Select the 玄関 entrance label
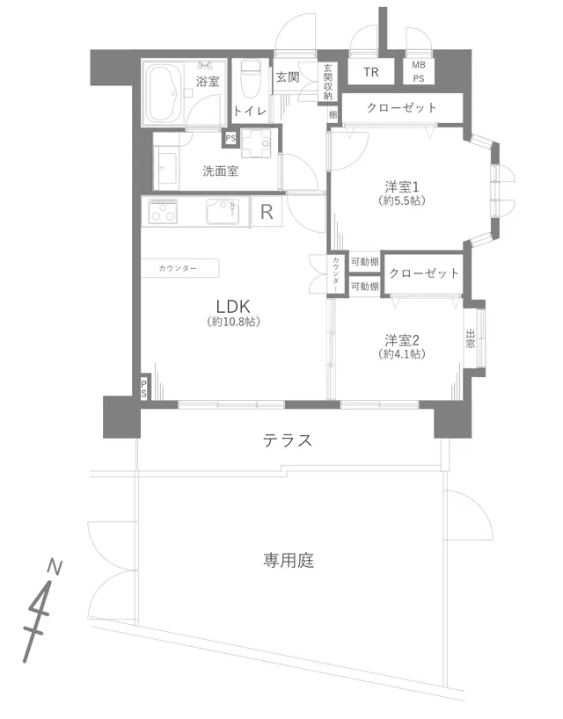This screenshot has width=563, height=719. pos(288,77)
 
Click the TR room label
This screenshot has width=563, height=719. pos(370,72)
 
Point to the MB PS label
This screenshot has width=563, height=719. pos(418,72)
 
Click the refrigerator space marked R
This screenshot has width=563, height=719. pos(267,212)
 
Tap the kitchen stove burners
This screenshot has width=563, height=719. pos(163,211)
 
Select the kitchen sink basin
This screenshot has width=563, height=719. pos(223,211)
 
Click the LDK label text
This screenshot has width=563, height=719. pos(233,305)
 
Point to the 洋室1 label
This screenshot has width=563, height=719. pos(401,187)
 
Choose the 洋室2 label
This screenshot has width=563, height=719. pos(402,341)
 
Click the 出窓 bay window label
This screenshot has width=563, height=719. pos(470,338)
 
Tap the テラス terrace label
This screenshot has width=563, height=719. pos(288,440)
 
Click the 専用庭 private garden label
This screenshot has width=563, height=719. pos(289,560)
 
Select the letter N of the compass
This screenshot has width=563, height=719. pos(55,568)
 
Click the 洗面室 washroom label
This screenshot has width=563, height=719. pos(221,171)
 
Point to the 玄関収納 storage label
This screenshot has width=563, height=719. pos(327,82)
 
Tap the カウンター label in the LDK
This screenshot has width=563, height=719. pos(178,268)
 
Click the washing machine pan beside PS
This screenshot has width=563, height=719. pos(259,144)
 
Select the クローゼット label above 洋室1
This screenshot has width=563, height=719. pos(401,108)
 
